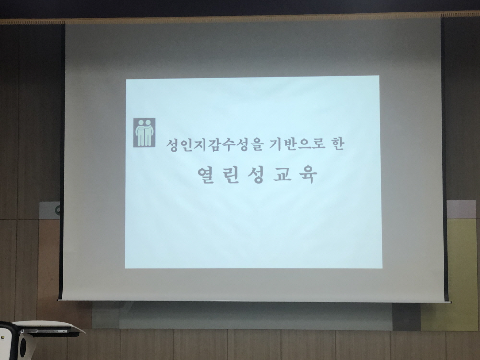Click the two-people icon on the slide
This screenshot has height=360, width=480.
click(144, 132)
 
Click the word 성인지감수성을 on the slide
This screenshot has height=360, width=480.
click(214, 145)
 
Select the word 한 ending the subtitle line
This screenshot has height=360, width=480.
click(338, 144)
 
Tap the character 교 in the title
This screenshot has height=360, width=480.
click(282, 175)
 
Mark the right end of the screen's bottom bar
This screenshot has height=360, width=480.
click(451, 302)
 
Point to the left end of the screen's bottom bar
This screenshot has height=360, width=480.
click(58, 300)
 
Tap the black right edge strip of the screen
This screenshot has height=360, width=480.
click(444, 159)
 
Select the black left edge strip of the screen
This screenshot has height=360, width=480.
click(62, 162)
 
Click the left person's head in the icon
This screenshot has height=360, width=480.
click(141, 123)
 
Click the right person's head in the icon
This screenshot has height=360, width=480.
click(148, 123)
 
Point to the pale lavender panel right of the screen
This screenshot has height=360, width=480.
click(462, 210)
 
